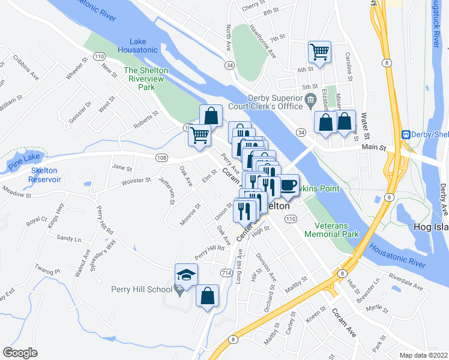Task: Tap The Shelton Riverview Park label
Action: point(145,79)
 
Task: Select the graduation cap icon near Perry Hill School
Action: point(186,275)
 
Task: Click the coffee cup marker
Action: point(289,185)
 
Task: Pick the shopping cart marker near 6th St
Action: point(319,52)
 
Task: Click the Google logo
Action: point(20,353)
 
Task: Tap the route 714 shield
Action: point(226,272)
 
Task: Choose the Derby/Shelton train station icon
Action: point(406,135)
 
